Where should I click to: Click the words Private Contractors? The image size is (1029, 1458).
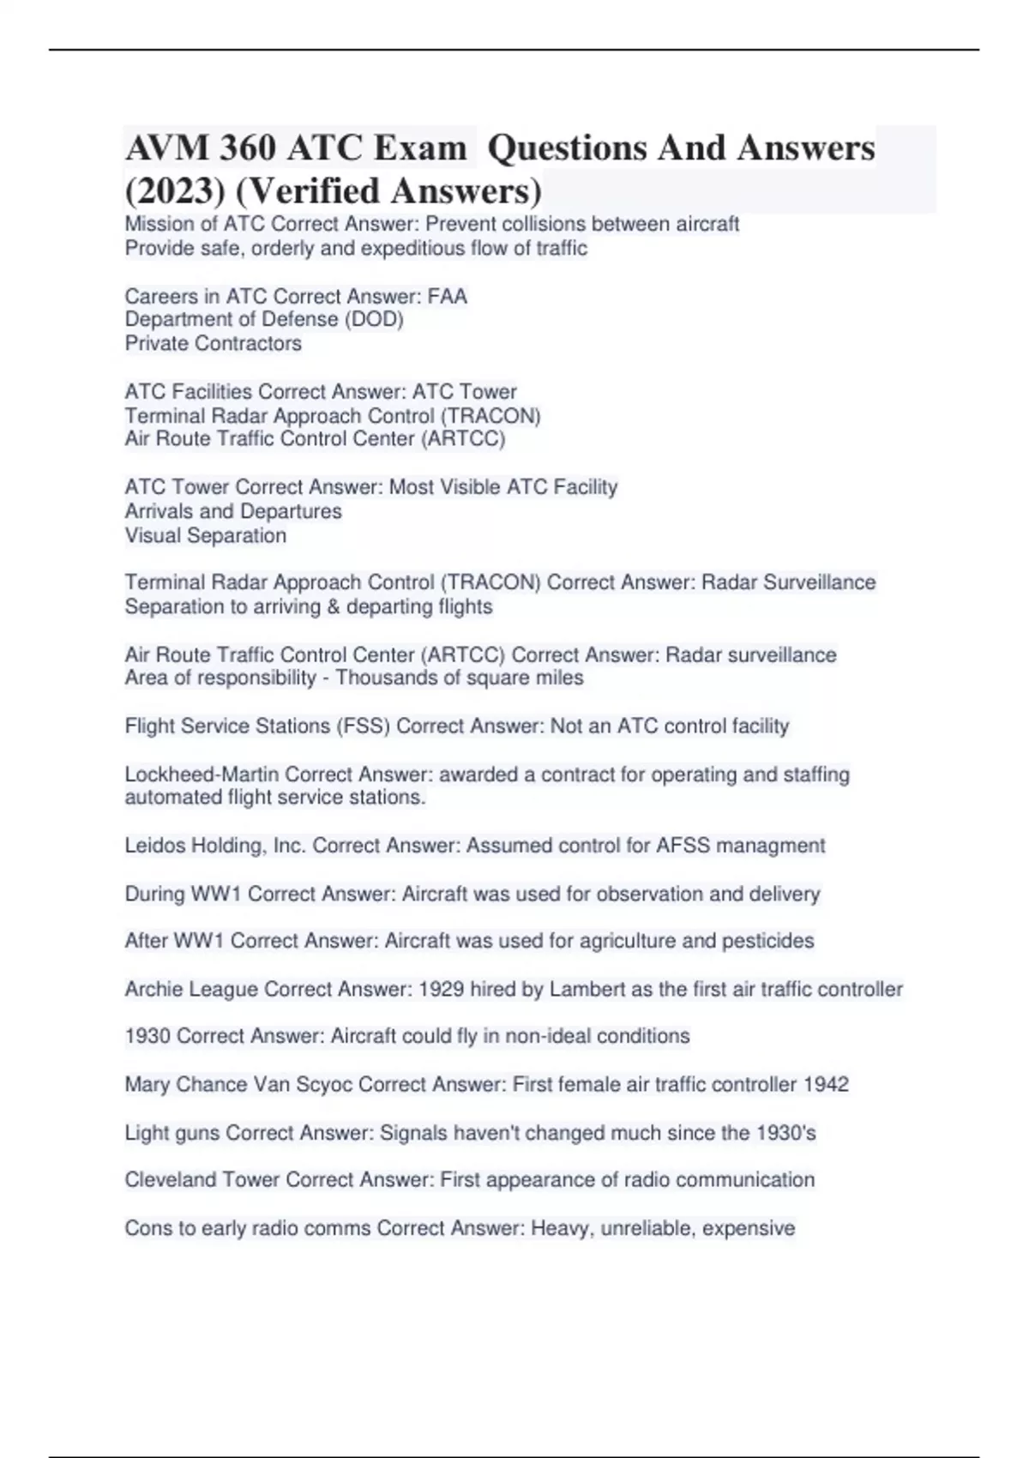coord(213,344)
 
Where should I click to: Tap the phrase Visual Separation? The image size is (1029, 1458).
coord(206,536)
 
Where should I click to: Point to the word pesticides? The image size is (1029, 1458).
coord(767,941)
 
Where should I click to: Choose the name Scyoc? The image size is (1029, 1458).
coord(324,1085)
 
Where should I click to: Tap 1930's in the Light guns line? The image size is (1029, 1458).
coord(785,1133)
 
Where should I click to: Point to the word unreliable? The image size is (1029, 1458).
coord(648,1228)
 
